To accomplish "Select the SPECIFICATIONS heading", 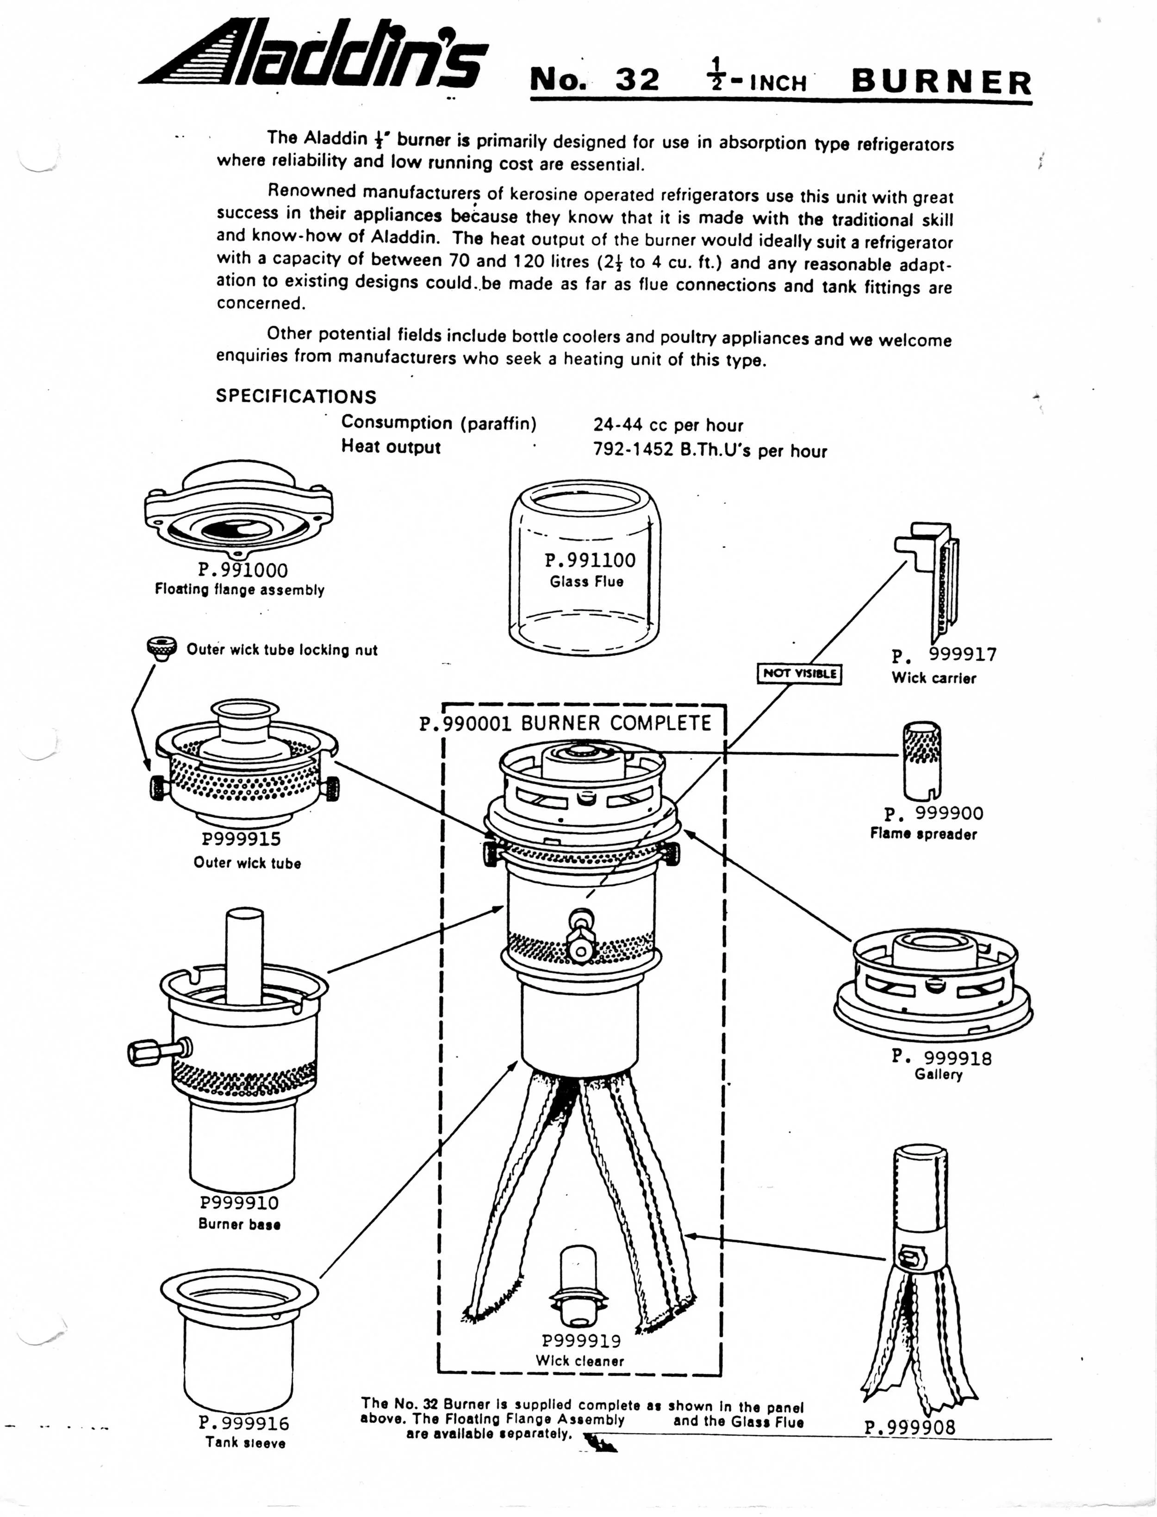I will pos(296,397).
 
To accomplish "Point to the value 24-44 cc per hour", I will pos(668,425).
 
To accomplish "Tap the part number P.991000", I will pos(243,570).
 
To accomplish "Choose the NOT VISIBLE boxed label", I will pos(799,673).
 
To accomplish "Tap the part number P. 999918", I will pos(941,1057).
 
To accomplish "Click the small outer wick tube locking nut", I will pos(161,648).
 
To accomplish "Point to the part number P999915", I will pos(241,839).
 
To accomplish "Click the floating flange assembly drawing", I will pos(239,513).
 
